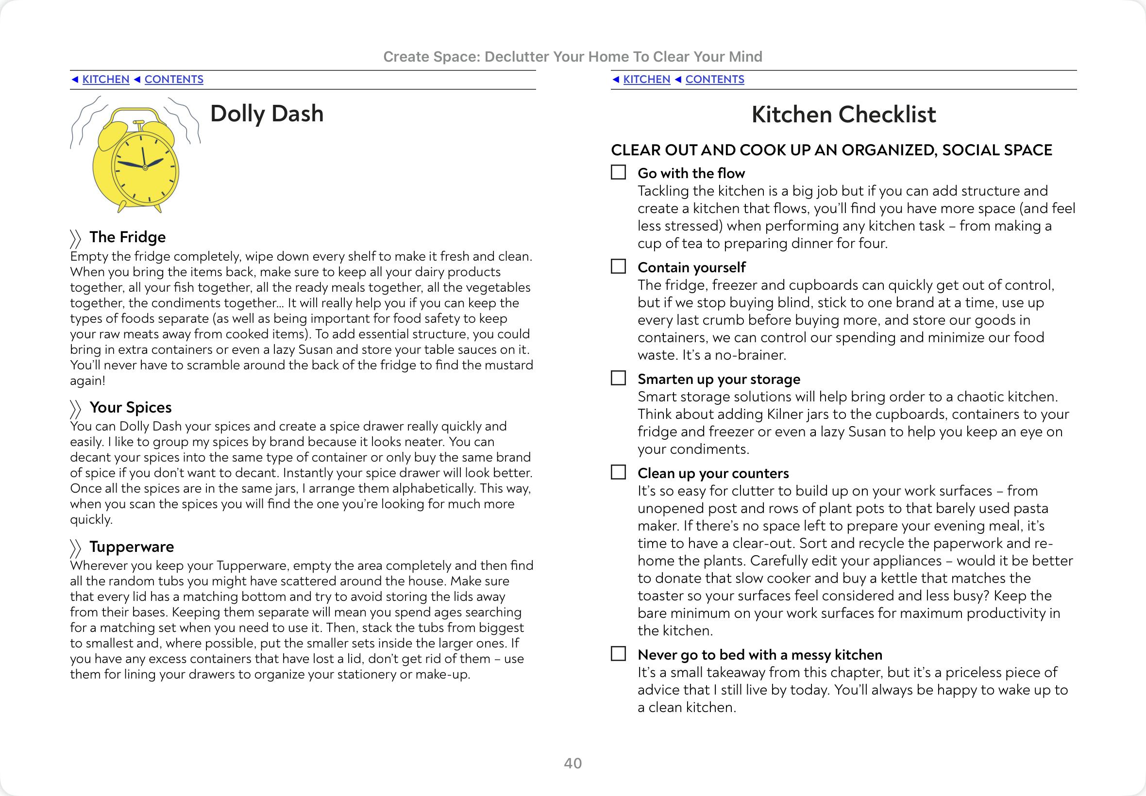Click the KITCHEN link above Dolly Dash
coord(105,79)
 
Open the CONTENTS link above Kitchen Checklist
coord(714,79)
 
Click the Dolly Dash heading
coord(267,114)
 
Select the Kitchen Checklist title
coord(843,114)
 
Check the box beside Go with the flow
coord(618,172)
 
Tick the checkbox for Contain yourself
coord(618,266)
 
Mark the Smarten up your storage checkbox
coord(618,378)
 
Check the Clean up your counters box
coord(618,472)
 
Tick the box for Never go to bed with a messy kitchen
coord(618,654)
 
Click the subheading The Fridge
coord(127,237)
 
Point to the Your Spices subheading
coord(130,408)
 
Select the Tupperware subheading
coord(132,547)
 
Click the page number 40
coord(573,763)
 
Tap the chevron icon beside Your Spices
coord(75,409)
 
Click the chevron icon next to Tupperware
coord(75,548)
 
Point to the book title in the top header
coord(572,57)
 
